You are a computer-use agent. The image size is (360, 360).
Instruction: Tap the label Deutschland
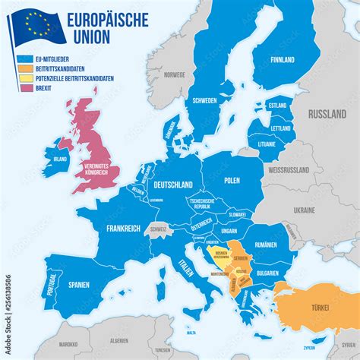pyautogui.click(x=173, y=185)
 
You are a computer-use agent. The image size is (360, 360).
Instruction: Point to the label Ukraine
pyautogui.click(x=304, y=209)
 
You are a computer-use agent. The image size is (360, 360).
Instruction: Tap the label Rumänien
pyautogui.click(x=267, y=245)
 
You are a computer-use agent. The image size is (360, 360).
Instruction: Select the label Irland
pyautogui.click(x=59, y=160)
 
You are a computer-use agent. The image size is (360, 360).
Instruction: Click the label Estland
pyautogui.click(x=277, y=106)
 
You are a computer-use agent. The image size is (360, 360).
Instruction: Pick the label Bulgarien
pyautogui.click(x=267, y=272)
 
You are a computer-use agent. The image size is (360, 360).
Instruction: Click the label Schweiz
pyautogui.click(x=158, y=229)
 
